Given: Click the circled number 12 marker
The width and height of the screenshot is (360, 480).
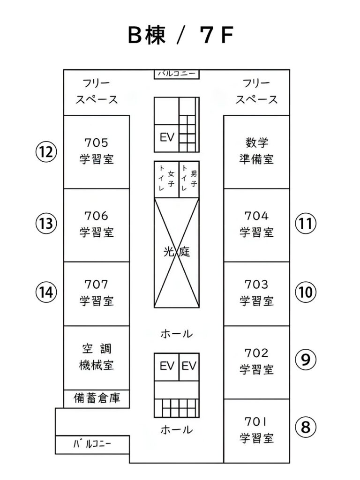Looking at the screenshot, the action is click(46, 152).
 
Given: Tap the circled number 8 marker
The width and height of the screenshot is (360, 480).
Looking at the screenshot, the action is click(306, 427).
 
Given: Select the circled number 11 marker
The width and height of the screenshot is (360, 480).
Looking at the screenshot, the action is click(306, 224).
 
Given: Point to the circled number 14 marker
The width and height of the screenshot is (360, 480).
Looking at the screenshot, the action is click(46, 292).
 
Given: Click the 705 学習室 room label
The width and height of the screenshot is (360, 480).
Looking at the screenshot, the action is click(97, 151).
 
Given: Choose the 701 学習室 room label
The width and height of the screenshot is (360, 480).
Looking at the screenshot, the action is click(256, 430).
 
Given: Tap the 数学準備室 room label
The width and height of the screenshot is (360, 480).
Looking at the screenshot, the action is click(256, 151).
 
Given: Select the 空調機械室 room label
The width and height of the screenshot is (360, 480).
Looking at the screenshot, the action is click(97, 357).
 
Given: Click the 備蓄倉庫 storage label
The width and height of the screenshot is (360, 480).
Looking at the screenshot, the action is click(97, 398).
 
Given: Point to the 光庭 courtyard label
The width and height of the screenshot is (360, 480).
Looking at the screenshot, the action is click(177, 252).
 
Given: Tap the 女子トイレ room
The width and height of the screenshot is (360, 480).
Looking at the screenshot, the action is click(166, 180).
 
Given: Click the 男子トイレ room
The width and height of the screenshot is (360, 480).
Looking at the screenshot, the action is click(189, 180).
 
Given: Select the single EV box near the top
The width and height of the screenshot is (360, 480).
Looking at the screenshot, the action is click(166, 138).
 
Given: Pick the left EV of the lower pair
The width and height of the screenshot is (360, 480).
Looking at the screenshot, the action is click(166, 367).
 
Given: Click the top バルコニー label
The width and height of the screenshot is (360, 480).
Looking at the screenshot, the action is click(177, 74).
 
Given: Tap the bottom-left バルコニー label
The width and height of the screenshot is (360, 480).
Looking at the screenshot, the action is click(92, 444).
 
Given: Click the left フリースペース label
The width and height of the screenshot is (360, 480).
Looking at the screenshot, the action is click(97, 91).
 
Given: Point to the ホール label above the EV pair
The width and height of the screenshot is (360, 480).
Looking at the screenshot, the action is click(177, 334).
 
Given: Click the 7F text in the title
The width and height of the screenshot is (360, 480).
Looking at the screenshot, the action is click(217, 35).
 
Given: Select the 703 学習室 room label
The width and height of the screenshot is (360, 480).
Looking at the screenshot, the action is click(256, 292).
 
